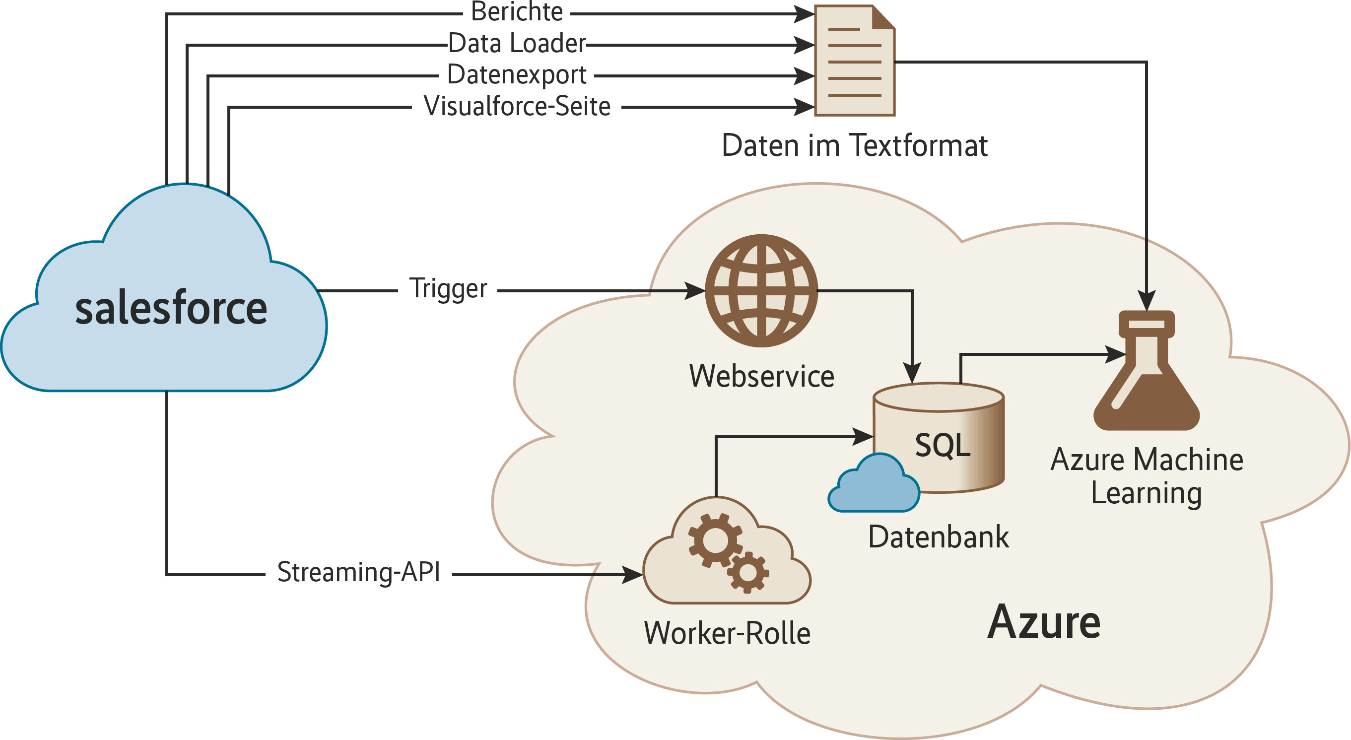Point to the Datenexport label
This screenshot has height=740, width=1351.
517,74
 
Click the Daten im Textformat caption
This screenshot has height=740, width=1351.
854,145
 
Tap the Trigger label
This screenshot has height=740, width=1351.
448,288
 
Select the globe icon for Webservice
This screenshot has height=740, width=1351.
761,290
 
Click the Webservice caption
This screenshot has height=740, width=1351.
761,376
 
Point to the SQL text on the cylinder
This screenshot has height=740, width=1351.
943,445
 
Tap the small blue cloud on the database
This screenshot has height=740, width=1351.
874,485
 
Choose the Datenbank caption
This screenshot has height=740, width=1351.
938,537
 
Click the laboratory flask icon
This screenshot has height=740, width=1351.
1147,372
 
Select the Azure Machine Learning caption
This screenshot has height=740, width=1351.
1147,475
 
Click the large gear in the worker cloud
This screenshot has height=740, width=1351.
715,539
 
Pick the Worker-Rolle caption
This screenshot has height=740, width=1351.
727,633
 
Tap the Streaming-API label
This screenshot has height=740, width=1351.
359,572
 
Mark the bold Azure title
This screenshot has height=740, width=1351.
1044,622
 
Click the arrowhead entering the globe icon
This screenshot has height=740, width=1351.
695,290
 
